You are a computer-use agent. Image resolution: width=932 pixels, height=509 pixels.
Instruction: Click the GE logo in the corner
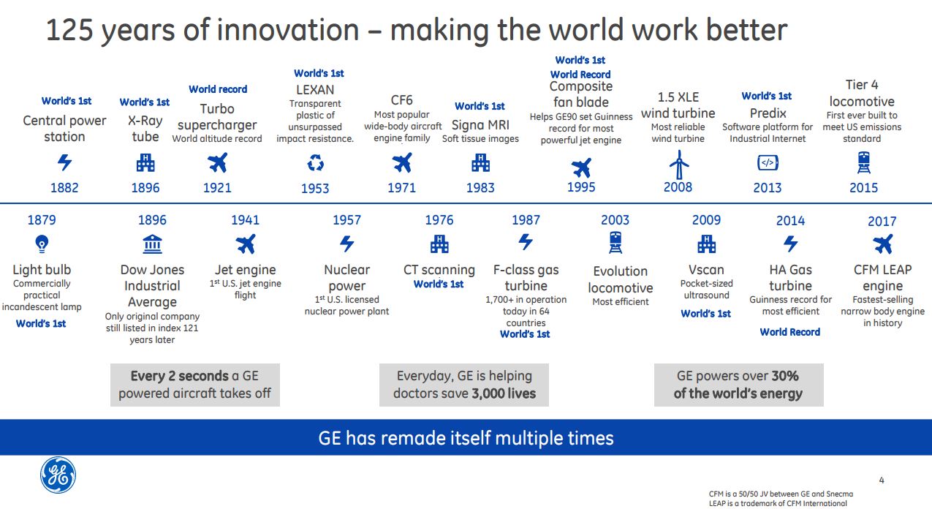[x=58, y=475]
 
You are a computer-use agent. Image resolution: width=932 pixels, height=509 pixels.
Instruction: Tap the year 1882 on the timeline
[x=64, y=188]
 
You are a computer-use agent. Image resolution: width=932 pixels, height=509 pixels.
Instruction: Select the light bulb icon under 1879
[x=42, y=244]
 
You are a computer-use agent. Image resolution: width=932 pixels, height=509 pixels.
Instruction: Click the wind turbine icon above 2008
[x=678, y=165]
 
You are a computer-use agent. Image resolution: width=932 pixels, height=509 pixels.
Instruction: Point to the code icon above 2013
[x=768, y=163]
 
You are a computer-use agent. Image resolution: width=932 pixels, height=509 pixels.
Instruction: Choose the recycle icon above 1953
[x=315, y=163]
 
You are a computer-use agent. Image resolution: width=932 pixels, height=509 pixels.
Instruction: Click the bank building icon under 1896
[x=152, y=244]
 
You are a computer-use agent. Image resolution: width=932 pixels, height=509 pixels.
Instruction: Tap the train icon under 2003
[x=615, y=243]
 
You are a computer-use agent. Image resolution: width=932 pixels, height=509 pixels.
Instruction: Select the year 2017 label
[x=882, y=222]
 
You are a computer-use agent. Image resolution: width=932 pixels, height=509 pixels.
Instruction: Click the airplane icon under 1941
[x=246, y=244]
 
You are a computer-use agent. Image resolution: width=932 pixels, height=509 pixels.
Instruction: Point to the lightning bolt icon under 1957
[x=346, y=244]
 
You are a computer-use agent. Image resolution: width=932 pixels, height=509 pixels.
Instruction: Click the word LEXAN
[x=315, y=90]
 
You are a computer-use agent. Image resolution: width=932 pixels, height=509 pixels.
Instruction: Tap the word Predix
[x=768, y=113]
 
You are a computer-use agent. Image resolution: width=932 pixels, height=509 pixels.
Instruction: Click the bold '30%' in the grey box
[x=785, y=376]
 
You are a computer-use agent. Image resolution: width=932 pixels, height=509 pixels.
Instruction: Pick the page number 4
[x=882, y=480]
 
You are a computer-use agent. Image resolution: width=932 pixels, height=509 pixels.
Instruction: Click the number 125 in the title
[x=69, y=30]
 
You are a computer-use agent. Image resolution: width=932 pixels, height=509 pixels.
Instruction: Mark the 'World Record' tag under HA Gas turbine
[x=789, y=332]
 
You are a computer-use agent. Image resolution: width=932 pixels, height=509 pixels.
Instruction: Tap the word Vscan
[x=706, y=270]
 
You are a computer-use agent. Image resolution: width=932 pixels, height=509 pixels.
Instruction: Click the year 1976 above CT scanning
[x=439, y=220]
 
